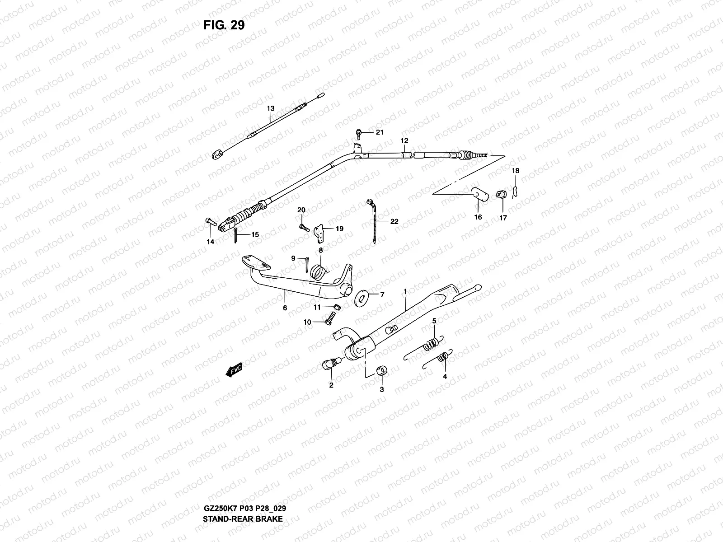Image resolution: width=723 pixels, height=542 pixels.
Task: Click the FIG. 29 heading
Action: (x=224, y=25)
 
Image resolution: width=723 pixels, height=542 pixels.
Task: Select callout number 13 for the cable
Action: (x=271, y=108)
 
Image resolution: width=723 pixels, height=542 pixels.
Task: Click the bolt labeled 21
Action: (x=358, y=133)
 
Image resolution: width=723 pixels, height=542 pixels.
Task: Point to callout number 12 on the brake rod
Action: (x=404, y=141)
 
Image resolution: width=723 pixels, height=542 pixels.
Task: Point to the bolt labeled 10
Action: (x=329, y=321)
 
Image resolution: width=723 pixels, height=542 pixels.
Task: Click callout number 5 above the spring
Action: (x=434, y=321)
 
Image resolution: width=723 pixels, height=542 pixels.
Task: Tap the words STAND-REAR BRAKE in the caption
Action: (x=243, y=519)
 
